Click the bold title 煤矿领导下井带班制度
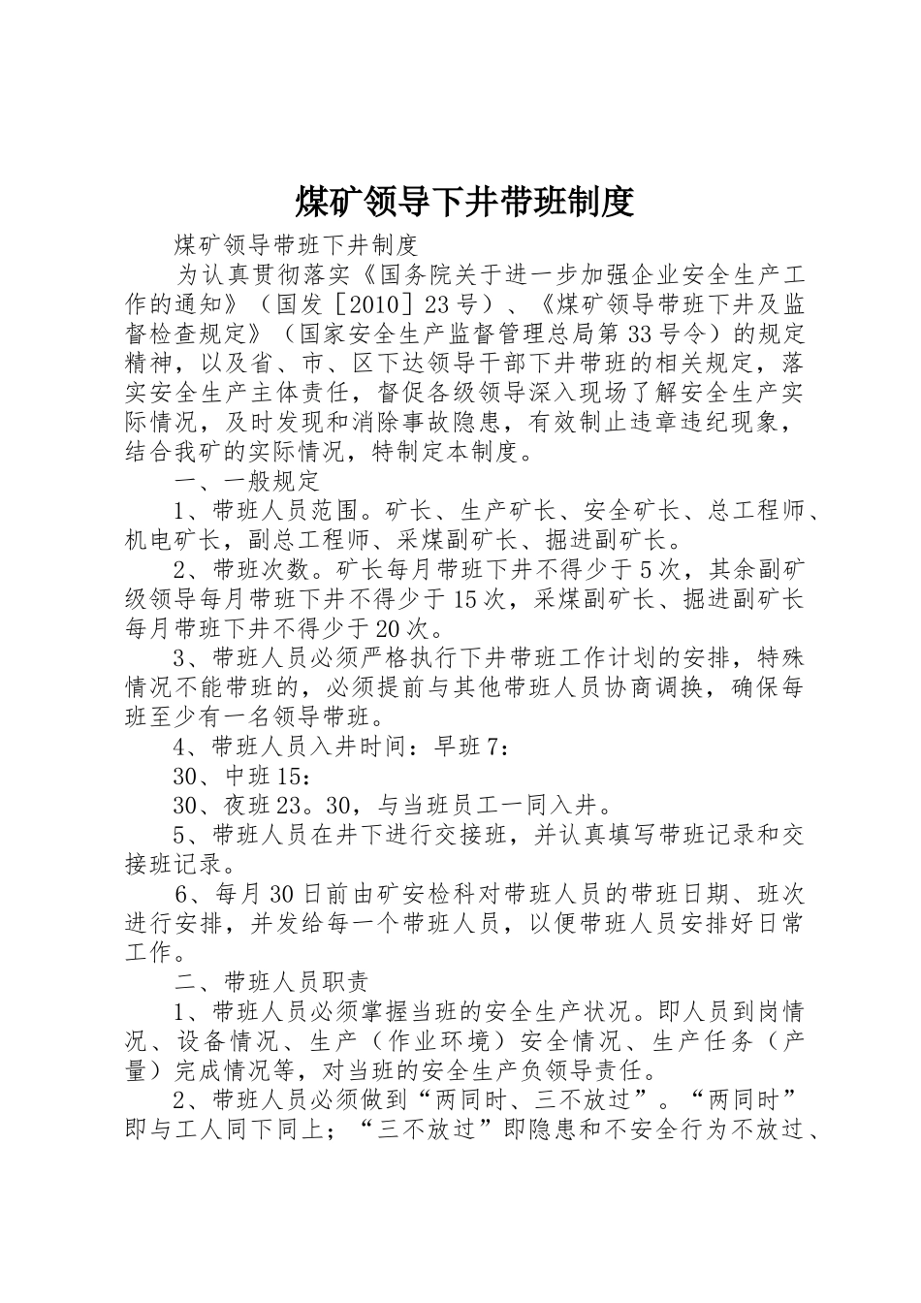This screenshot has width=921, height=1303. pos(463,202)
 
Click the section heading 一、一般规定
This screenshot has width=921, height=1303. pos(246,482)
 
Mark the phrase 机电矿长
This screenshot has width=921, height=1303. pos(174,540)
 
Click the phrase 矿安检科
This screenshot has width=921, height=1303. pos(416,894)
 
